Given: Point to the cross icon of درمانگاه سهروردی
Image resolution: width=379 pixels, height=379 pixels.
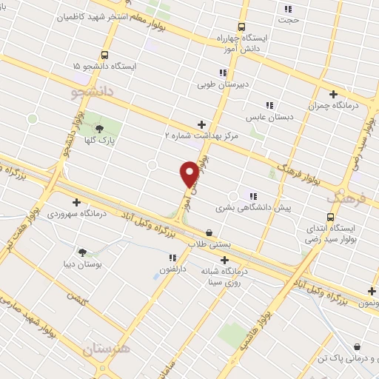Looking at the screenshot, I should (76, 201).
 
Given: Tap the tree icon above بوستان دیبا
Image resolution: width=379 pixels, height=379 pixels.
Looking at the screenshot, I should (81, 252).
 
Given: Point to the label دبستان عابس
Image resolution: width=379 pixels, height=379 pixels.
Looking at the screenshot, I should (269, 117).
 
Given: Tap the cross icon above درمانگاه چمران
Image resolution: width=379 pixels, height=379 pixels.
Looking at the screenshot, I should (333, 94).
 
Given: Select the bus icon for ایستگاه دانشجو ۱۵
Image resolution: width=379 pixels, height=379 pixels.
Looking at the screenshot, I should (104, 55).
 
